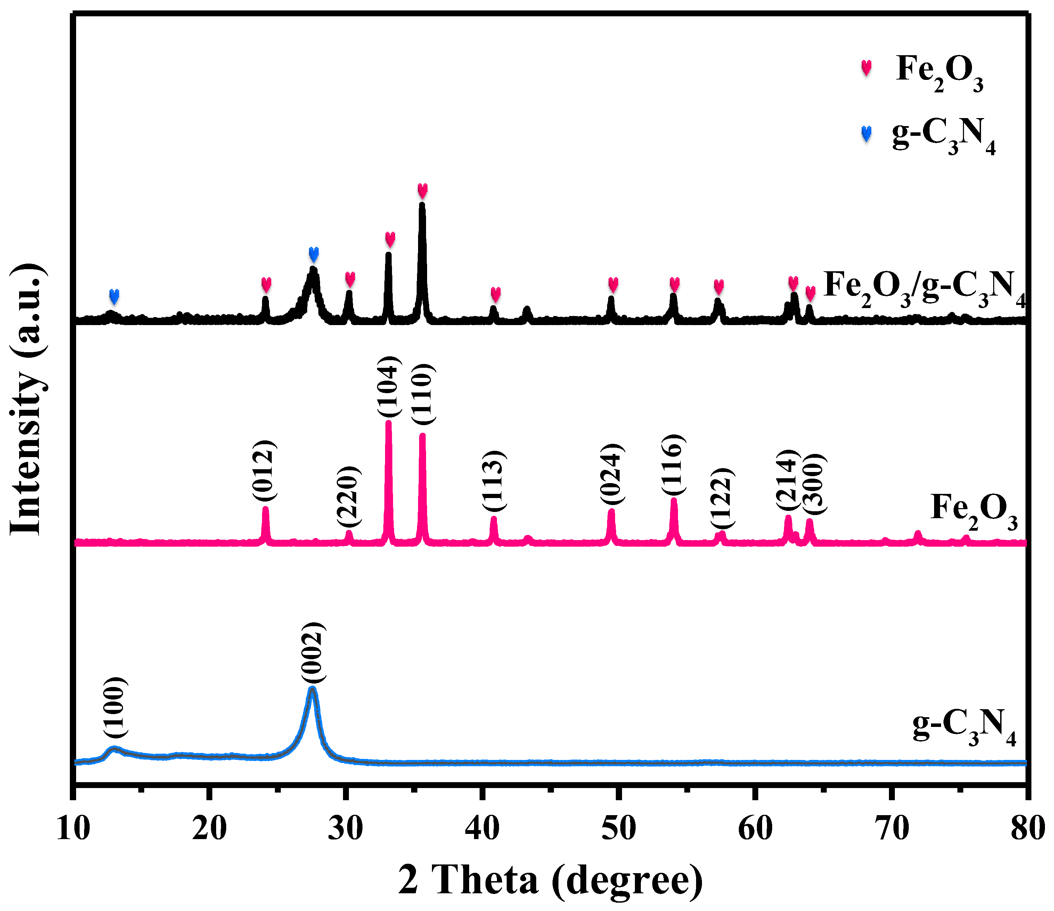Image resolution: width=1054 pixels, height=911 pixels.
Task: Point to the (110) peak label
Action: tap(422, 394)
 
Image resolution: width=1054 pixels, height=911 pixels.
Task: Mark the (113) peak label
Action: tap(493, 480)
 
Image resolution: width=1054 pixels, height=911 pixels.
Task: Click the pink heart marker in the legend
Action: tap(866, 68)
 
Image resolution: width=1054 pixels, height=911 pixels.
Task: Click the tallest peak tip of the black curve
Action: tap(422, 204)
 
